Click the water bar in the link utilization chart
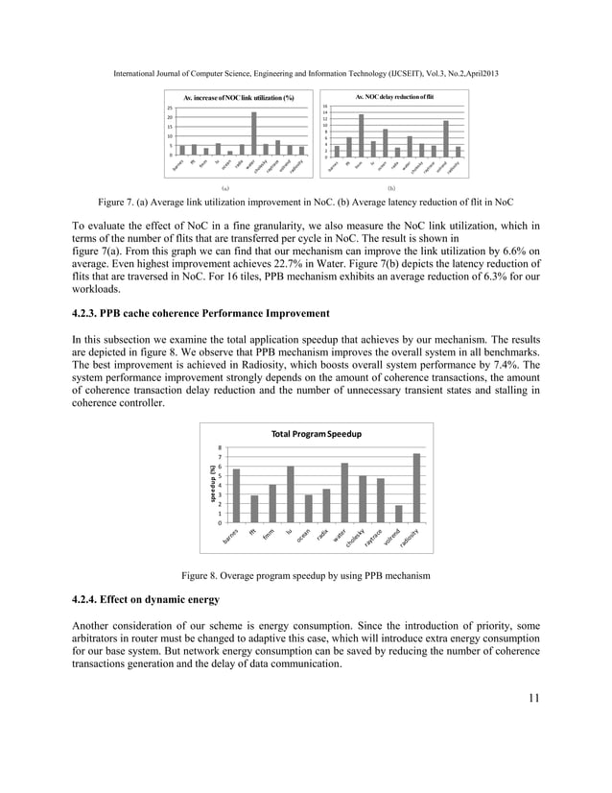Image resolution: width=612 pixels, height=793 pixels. (253, 133)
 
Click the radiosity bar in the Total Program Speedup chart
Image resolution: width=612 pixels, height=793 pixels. (416, 488)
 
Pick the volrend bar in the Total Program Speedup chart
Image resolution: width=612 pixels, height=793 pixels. (398, 514)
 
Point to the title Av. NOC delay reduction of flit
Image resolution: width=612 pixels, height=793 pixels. (395, 97)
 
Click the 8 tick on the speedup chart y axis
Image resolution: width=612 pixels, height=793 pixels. (221, 447)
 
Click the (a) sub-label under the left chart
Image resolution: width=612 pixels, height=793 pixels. (224, 190)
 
